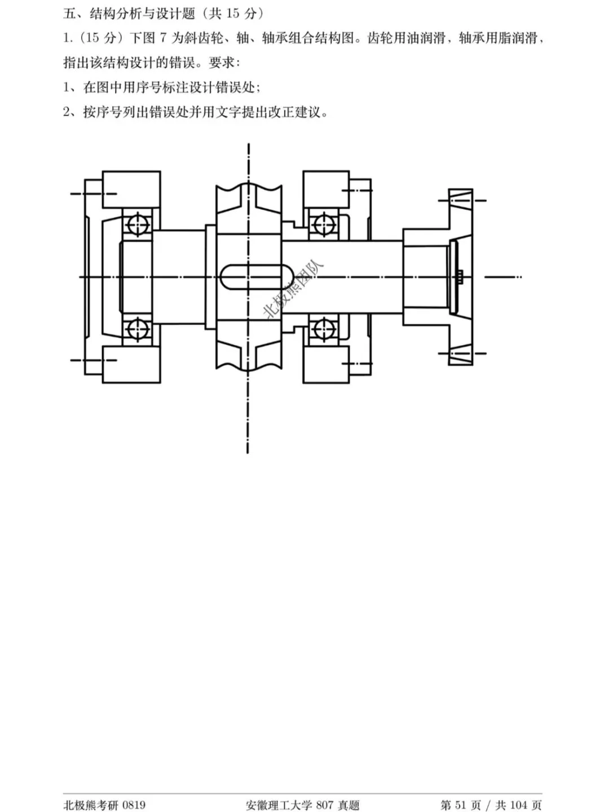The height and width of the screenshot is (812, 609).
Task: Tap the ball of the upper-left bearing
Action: click(x=138, y=224)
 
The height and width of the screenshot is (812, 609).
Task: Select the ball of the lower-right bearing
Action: click(x=324, y=329)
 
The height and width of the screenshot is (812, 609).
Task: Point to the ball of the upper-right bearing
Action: click(x=324, y=224)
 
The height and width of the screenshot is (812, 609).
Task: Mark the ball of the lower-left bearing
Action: click(x=138, y=329)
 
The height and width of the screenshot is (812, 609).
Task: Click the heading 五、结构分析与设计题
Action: click(x=129, y=14)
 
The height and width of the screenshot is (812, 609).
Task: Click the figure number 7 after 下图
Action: click(x=164, y=38)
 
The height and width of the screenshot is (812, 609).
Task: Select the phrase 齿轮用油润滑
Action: click(x=406, y=38)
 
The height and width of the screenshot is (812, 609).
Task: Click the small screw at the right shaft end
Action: click(x=460, y=277)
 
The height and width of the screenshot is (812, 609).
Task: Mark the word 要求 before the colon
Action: click(x=222, y=63)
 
